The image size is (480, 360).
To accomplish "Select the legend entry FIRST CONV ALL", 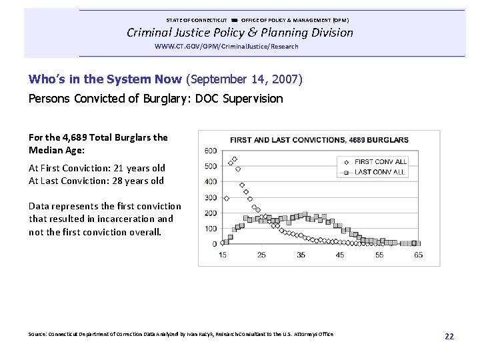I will pos(380,161).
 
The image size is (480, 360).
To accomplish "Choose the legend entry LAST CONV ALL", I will pos(380,173).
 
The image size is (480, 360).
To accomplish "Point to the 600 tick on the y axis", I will pos(211,150).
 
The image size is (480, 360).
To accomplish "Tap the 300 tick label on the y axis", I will pos(211,198).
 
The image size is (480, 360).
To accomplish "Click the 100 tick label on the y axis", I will pos(211,229).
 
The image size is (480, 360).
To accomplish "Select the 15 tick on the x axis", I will pos(222,255).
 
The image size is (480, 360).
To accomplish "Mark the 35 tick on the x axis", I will pos(301,255).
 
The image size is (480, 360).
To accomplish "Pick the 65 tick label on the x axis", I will pos(418,255).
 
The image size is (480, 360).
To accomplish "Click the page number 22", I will pos(449,337).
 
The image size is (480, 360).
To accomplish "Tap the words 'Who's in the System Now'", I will pos(105,79).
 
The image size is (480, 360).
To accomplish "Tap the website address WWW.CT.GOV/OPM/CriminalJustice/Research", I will pos(226,47).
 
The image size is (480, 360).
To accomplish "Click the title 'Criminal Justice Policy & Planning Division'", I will pos(240,33).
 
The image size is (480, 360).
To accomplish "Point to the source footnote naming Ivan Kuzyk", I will pos(181,334).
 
